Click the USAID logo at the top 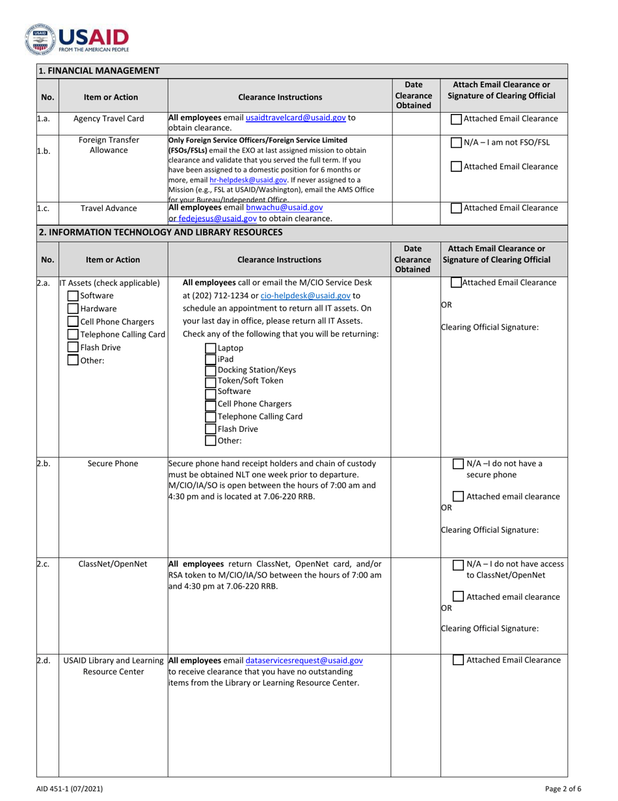point(77,39)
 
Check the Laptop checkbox point(211,348)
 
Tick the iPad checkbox point(211,359)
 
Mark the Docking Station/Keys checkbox point(211,370)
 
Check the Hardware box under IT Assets point(74,309)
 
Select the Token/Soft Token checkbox point(211,381)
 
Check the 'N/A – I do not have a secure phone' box point(459,464)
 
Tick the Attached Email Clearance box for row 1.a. point(457,119)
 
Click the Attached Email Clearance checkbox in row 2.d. point(459,660)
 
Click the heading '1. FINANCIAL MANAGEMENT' point(99,70)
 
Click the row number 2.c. point(43,564)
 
